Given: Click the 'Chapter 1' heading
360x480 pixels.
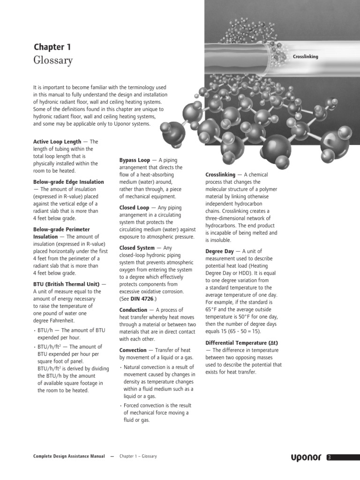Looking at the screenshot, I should (52, 47).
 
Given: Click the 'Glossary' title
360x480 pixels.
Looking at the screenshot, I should (53, 61).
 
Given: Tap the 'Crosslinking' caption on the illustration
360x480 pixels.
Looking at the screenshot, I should (305, 57).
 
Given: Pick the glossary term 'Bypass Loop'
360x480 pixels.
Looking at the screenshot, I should (135, 160).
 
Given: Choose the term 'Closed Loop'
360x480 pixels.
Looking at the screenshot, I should (134, 208).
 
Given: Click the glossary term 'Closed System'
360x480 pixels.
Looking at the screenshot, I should (137, 248).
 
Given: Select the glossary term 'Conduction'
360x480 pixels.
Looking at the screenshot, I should (133, 310).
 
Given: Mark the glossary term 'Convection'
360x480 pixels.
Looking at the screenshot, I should (133, 350).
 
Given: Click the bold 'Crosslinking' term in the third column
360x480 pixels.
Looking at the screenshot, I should (220, 174).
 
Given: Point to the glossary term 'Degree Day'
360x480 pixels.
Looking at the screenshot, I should (219, 251).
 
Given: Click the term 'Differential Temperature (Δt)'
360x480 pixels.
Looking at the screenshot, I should (242, 343).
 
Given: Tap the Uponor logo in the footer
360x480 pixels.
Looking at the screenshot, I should (305, 457).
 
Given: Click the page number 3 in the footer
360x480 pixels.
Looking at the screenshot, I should (330, 457).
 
